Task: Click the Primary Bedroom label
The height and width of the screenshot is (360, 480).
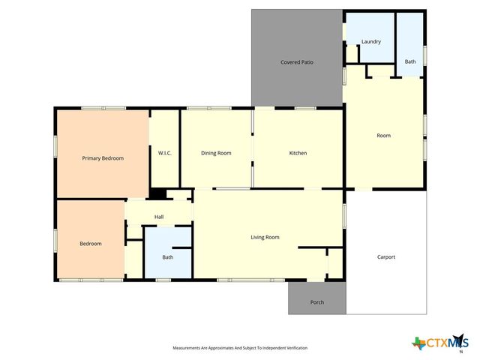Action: [103, 158]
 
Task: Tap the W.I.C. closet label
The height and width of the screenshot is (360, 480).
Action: [165, 154]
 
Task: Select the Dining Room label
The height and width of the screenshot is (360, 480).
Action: [216, 153]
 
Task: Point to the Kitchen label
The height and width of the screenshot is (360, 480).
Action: [298, 153]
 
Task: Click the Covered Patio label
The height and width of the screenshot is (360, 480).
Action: [296, 62]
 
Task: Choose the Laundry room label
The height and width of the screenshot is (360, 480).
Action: [371, 42]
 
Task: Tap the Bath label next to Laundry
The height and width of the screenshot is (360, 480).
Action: [410, 62]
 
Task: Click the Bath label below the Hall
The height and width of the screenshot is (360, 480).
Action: [168, 257]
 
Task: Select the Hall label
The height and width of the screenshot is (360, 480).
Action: [159, 217]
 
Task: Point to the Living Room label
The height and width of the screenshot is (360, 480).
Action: [265, 237]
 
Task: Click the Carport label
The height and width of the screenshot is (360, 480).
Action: [385, 257]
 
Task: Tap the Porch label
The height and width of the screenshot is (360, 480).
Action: [317, 303]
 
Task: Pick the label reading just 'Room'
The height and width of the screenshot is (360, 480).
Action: [384, 136]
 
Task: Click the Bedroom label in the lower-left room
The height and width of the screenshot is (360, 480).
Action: [91, 244]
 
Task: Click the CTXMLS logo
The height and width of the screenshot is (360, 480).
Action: [438, 343]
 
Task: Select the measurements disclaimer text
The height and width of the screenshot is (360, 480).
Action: [240, 348]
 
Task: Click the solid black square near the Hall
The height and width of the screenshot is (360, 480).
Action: [157, 193]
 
